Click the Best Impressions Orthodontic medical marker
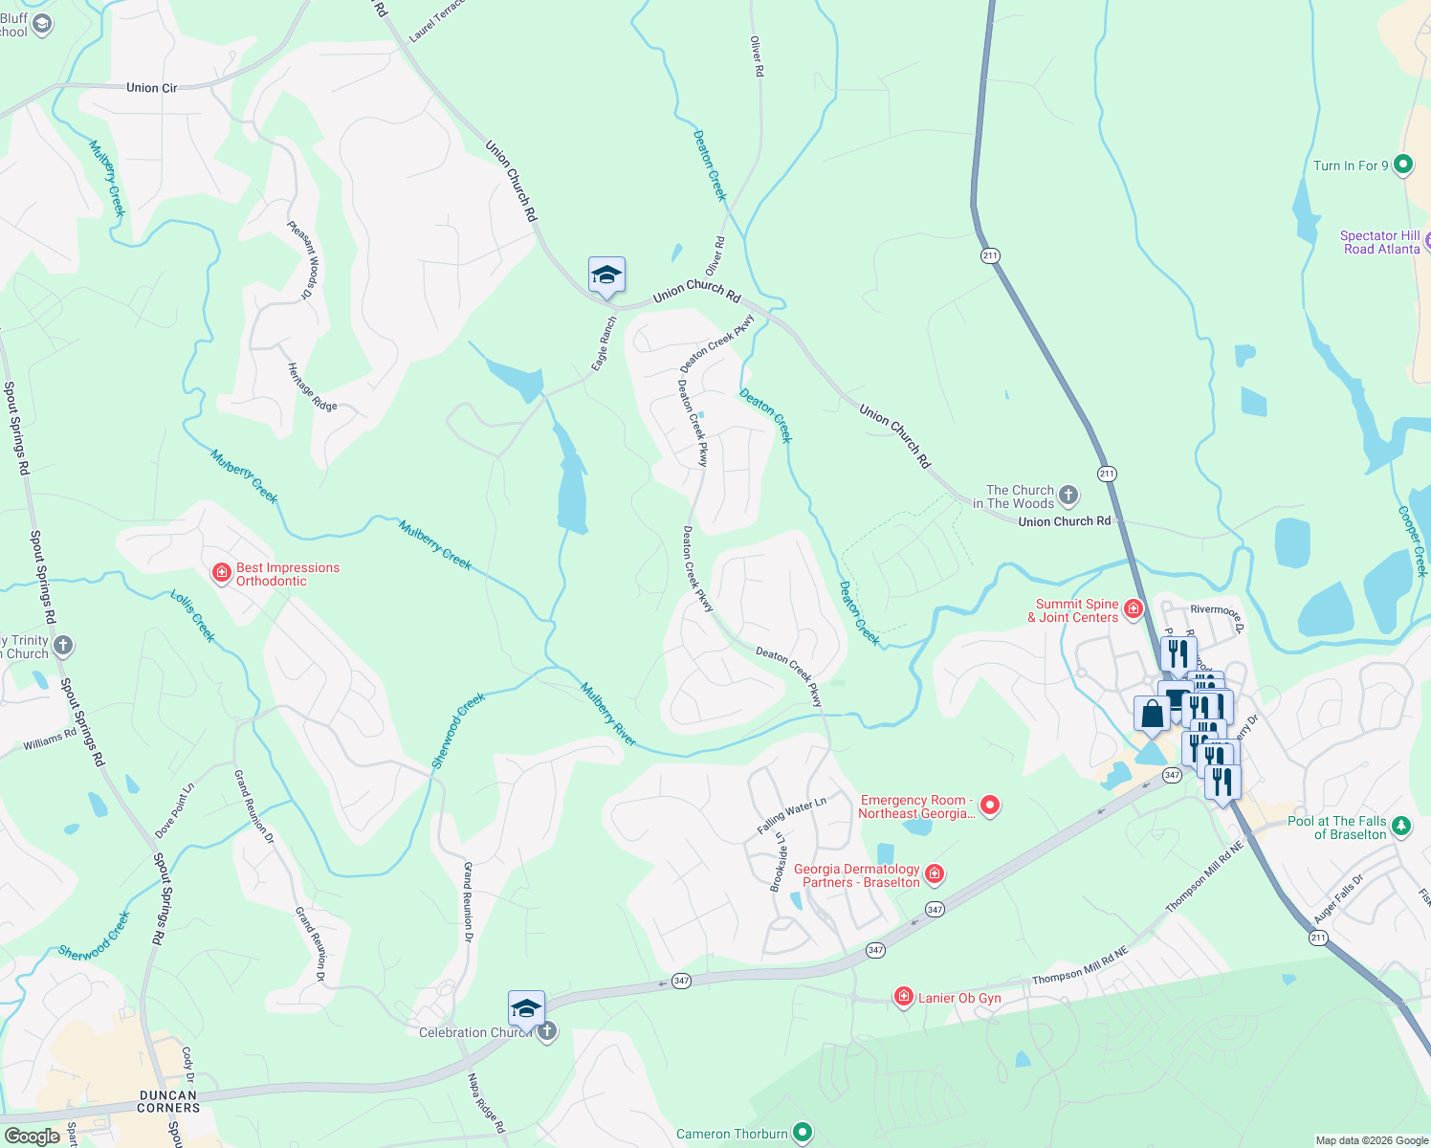pos(222,573)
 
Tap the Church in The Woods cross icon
pos(1068,497)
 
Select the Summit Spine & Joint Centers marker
pos(1134,609)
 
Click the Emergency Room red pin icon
pos(991,806)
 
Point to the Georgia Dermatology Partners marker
pos(935,874)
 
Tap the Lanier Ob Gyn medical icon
pos(903,998)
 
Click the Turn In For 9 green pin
pos(1403,166)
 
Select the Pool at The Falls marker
pos(1401,826)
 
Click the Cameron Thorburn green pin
pos(803,1134)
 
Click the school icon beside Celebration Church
pos(526,1009)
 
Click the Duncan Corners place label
pos(168,1102)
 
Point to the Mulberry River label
pos(608,715)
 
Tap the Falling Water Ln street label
pos(791,815)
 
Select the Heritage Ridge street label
pos(312,386)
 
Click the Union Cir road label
pos(151,88)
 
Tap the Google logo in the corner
pos(32,1137)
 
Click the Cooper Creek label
pos(1413,541)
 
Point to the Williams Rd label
pos(50,740)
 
